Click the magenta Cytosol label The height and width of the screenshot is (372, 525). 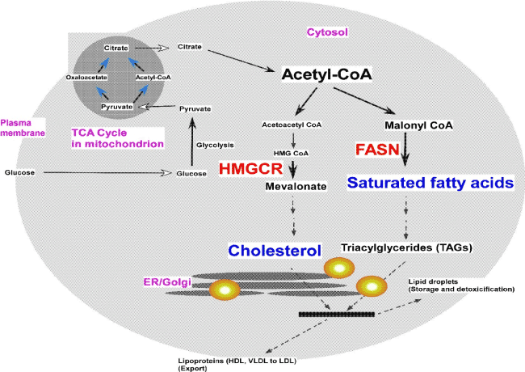(x=325, y=32)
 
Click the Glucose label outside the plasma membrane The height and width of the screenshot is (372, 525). (x=19, y=172)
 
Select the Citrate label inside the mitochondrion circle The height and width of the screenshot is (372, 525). (x=117, y=49)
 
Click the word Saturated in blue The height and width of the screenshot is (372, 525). (x=388, y=184)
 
